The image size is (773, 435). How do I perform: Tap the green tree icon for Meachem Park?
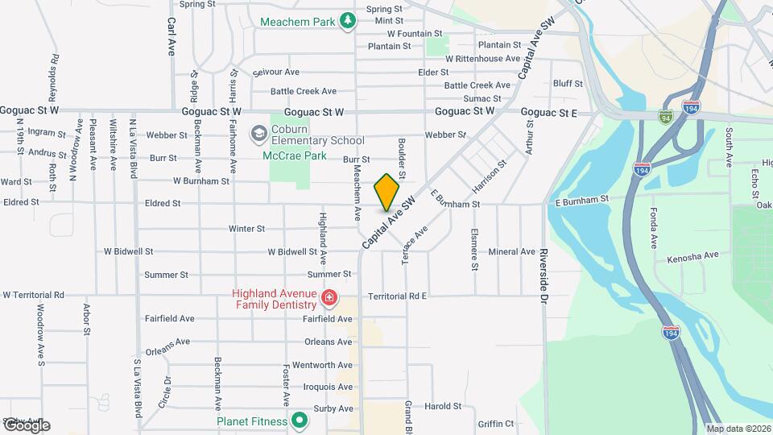click(348, 20)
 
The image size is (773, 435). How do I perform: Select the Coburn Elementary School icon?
click(258, 132)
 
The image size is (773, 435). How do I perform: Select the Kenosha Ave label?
click(692, 256)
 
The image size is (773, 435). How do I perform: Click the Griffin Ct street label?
click(495, 424)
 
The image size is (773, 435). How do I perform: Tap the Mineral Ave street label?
click(511, 252)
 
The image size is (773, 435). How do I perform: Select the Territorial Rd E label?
click(397, 296)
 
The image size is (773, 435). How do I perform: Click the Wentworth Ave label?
click(322, 365)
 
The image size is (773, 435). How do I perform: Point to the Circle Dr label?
click(164, 391)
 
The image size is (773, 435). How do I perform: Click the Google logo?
click(26, 425)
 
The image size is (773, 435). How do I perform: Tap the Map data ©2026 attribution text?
click(738, 429)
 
